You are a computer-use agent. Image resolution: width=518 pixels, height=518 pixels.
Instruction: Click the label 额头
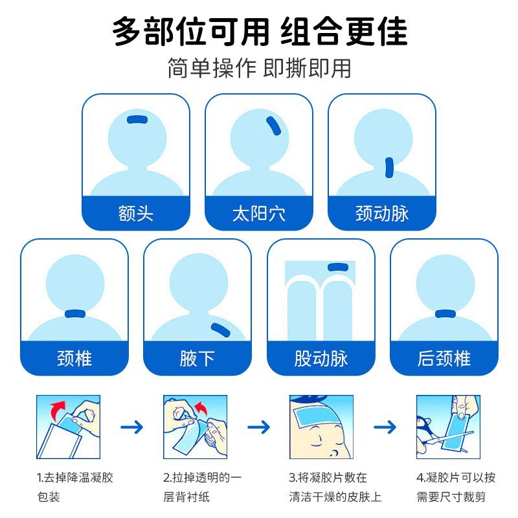tap(136, 213)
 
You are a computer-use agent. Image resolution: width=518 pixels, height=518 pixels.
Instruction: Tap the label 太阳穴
tap(258, 213)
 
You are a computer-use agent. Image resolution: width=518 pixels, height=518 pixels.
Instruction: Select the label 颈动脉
tap(382, 213)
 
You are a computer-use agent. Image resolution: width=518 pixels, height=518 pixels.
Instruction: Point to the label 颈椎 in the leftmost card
tap(74, 358)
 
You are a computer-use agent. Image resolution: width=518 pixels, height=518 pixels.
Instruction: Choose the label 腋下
tap(197, 358)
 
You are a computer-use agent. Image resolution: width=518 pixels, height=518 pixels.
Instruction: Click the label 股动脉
tap(321, 358)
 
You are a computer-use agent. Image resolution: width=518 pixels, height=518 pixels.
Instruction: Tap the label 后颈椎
tap(444, 358)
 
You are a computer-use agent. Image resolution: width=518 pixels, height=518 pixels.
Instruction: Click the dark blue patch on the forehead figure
tap(137, 119)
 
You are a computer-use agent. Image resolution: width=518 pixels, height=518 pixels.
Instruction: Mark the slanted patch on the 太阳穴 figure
tap(273, 126)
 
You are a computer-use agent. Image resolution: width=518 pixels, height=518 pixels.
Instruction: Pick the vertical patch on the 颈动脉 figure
tap(389, 168)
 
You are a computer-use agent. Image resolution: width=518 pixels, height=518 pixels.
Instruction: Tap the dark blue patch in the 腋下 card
tap(220, 330)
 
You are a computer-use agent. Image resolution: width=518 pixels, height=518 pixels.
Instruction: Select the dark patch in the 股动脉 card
tap(338, 267)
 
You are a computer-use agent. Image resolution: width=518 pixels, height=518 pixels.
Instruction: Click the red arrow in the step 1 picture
tap(58, 411)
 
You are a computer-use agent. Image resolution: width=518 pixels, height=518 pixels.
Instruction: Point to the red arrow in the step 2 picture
tap(201, 409)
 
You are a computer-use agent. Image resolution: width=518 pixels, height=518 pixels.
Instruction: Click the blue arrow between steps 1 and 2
tap(131, 427)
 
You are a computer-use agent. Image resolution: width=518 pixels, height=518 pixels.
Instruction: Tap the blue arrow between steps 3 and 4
tap(385, 427)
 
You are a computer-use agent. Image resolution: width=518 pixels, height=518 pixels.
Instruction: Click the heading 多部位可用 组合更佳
tap(260, 31)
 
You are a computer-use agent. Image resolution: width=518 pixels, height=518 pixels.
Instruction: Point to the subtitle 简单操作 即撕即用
tap(260, 68)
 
